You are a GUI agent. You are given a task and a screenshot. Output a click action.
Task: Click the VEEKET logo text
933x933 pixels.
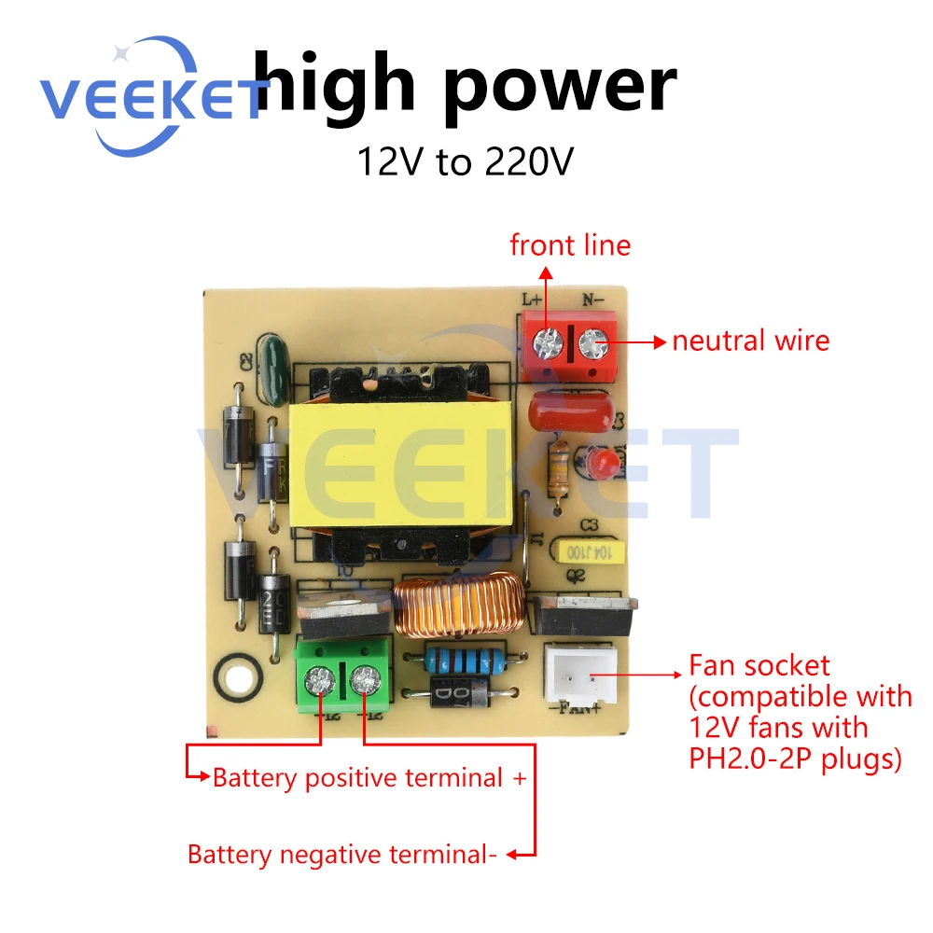coord(149,98)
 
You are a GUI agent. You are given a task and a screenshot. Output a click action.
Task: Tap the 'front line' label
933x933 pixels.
coord(570,245)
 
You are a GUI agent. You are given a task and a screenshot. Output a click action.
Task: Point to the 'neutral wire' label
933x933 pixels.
coord(750,341)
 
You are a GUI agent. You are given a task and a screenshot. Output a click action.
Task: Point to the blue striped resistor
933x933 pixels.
coord(459,661)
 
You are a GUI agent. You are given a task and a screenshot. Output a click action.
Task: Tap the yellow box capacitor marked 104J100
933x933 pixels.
coord(589,551)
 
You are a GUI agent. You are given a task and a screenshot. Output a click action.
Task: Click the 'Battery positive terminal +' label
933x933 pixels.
coord(370,777)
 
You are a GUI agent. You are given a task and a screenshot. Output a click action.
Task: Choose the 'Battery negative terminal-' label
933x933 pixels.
coord(341,854)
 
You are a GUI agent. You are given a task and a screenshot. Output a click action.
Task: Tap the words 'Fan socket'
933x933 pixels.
coord(759,666)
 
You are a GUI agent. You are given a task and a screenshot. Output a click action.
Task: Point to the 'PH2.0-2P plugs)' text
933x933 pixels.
coord(795,759)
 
